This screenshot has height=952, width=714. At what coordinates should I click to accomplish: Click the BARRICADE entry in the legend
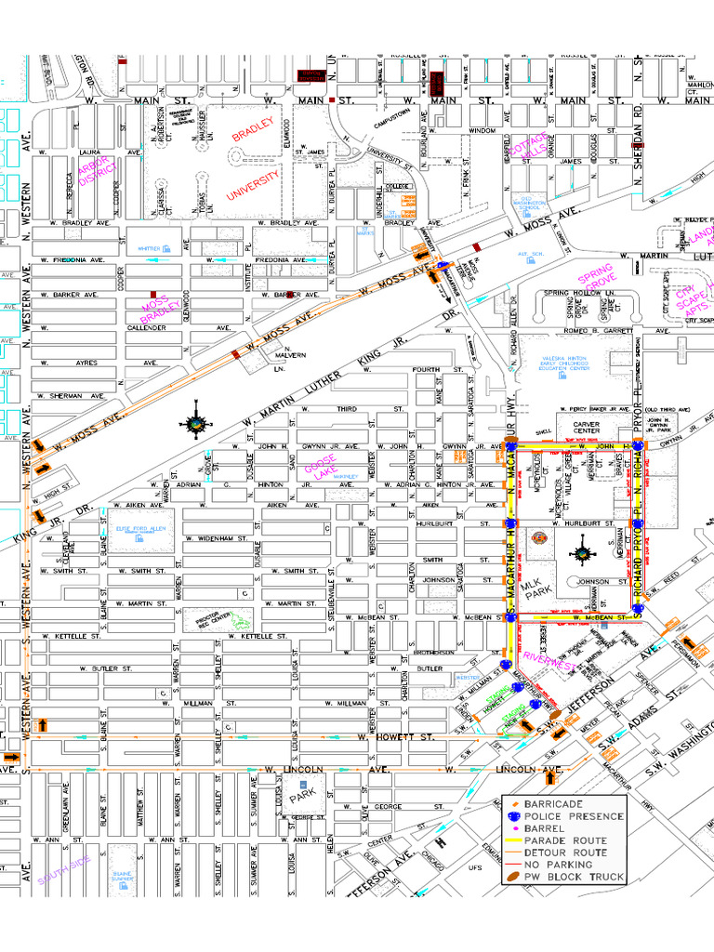tap(553, 803)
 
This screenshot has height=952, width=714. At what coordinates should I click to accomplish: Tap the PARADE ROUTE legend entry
tap(565, 840)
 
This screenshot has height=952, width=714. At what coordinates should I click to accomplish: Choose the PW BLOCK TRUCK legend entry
tap(574, 877)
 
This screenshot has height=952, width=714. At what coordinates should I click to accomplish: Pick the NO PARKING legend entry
tap(558, 865)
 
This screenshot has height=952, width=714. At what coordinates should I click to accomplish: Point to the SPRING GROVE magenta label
tap(595, 280)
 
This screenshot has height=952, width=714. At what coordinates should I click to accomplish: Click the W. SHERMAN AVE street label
tap(72, 396)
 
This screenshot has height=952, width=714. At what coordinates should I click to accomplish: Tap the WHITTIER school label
tap(150, 249)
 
